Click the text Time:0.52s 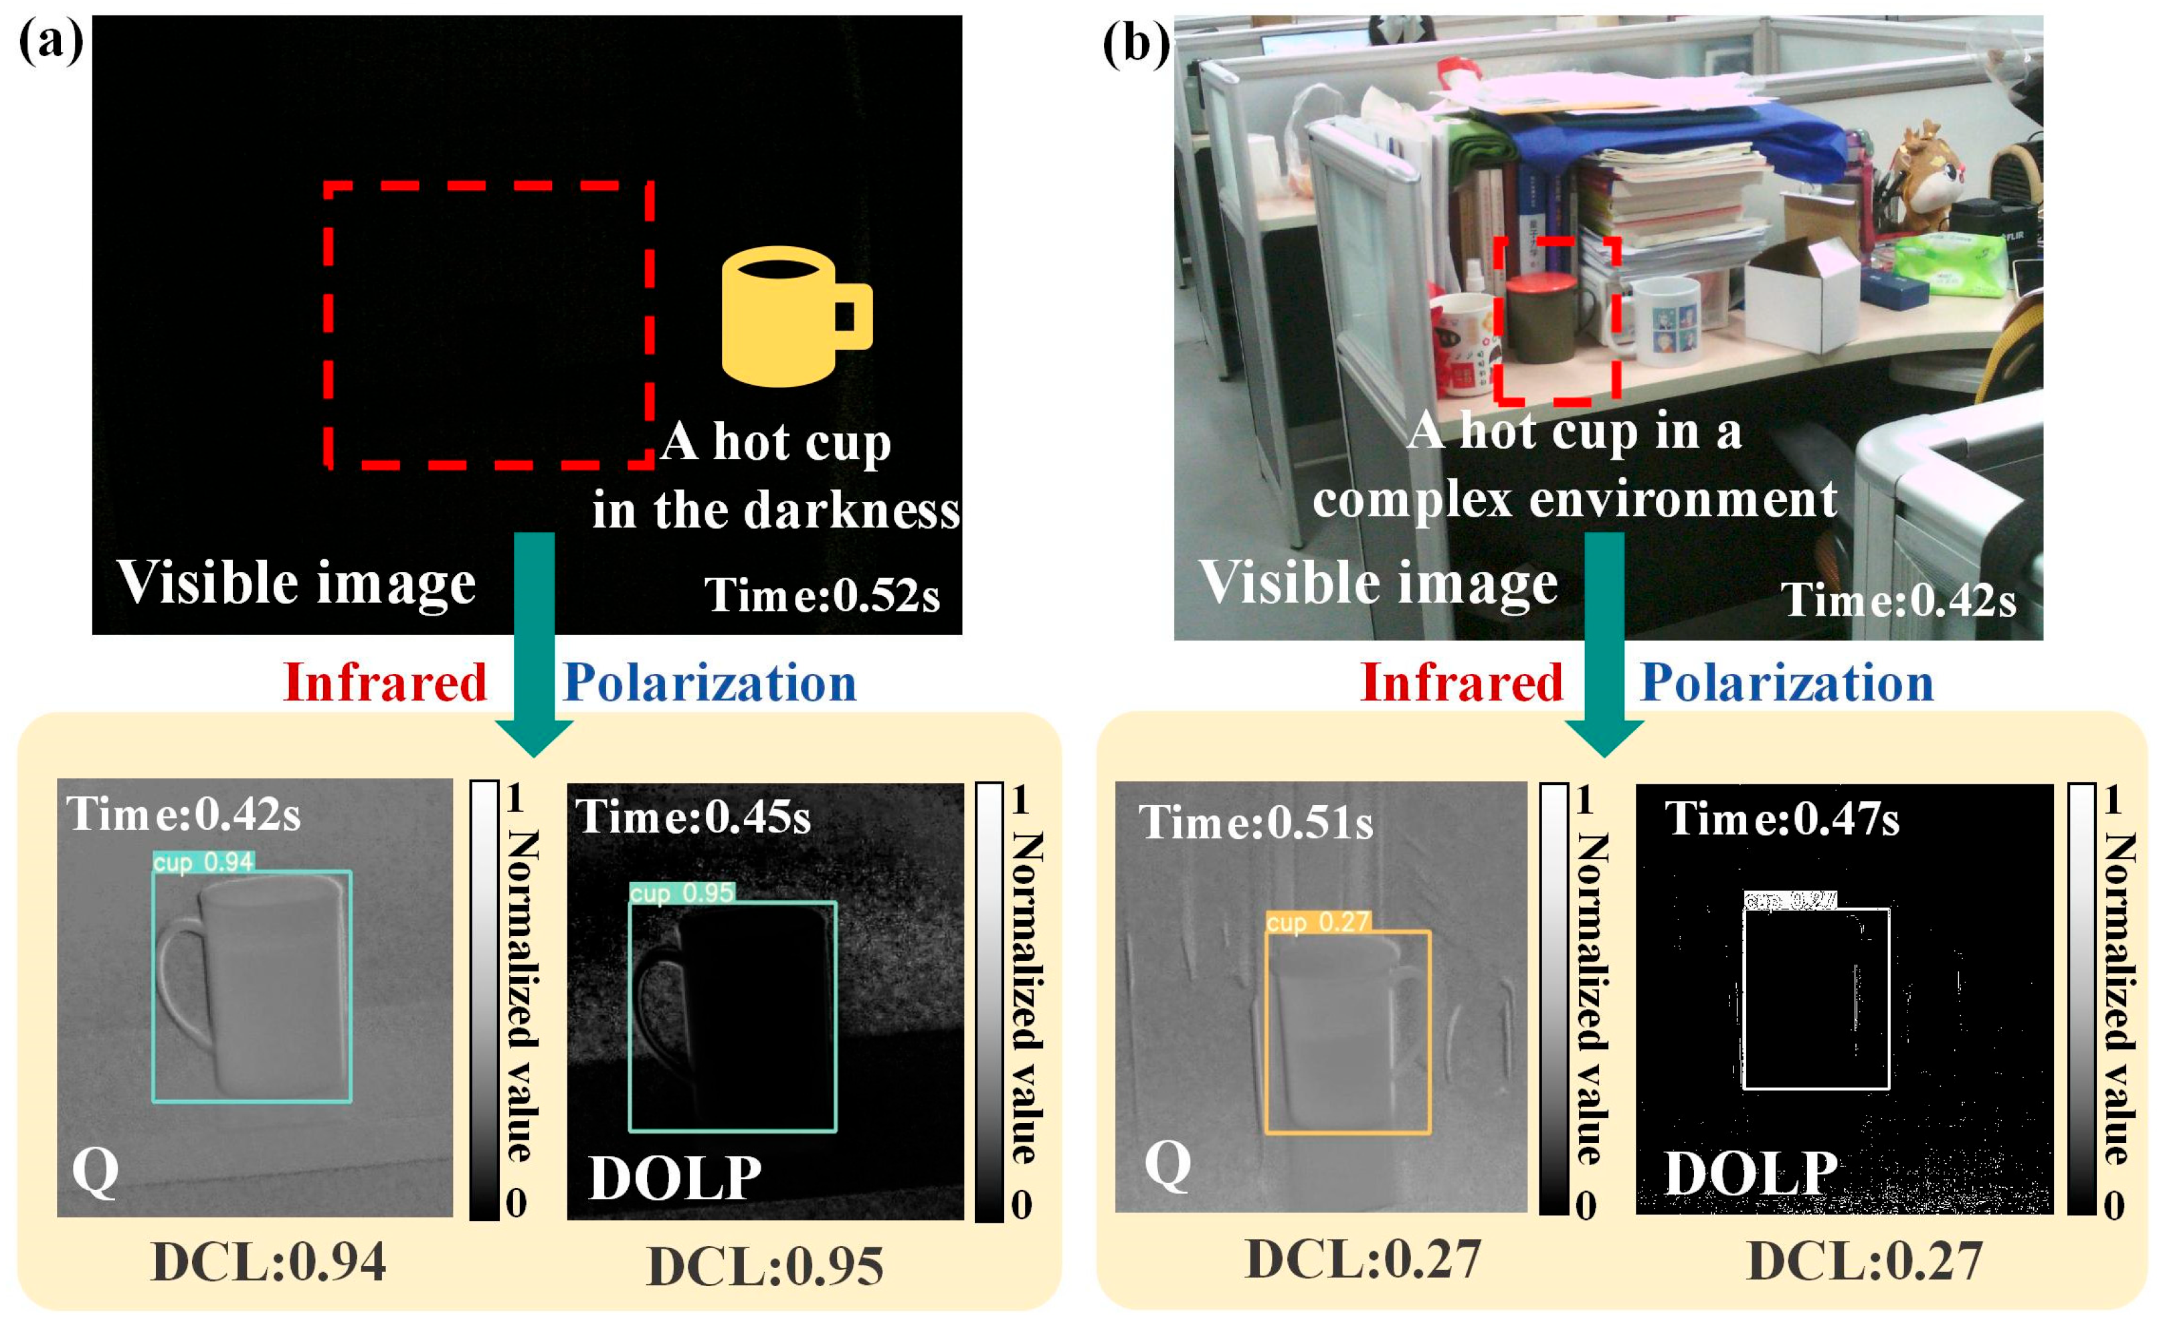(822, 596)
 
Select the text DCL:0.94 (269, 1262)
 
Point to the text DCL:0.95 (765, 1267)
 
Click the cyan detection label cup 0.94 (203, 863)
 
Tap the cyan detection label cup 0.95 (682, 893)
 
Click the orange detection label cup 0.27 (1318, 922)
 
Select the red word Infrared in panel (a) (385, 683)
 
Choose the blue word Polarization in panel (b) (1786, 683)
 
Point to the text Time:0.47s (1782, 819)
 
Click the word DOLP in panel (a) (675, 1178)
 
